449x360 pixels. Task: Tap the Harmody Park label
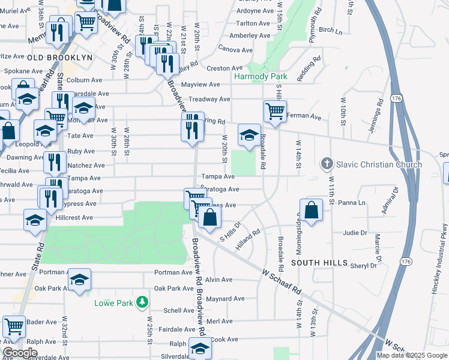click(x=261, y=76)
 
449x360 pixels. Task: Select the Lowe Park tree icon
click(x=142, y=302)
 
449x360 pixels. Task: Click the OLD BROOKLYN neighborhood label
click(x=59, y=57)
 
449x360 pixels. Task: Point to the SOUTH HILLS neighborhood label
click(x=319, y=263)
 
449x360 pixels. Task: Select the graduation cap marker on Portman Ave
click(x=79, y=280)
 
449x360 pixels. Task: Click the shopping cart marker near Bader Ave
click(x=14, y=327)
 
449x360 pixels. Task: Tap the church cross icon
click(x=327, y=163)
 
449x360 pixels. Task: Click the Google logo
click(x=20, y=353)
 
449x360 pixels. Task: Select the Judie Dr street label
click(x=355, y=233)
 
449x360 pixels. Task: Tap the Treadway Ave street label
click(x=209, y=99)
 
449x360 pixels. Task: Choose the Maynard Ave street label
click(x=225, y=298)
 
